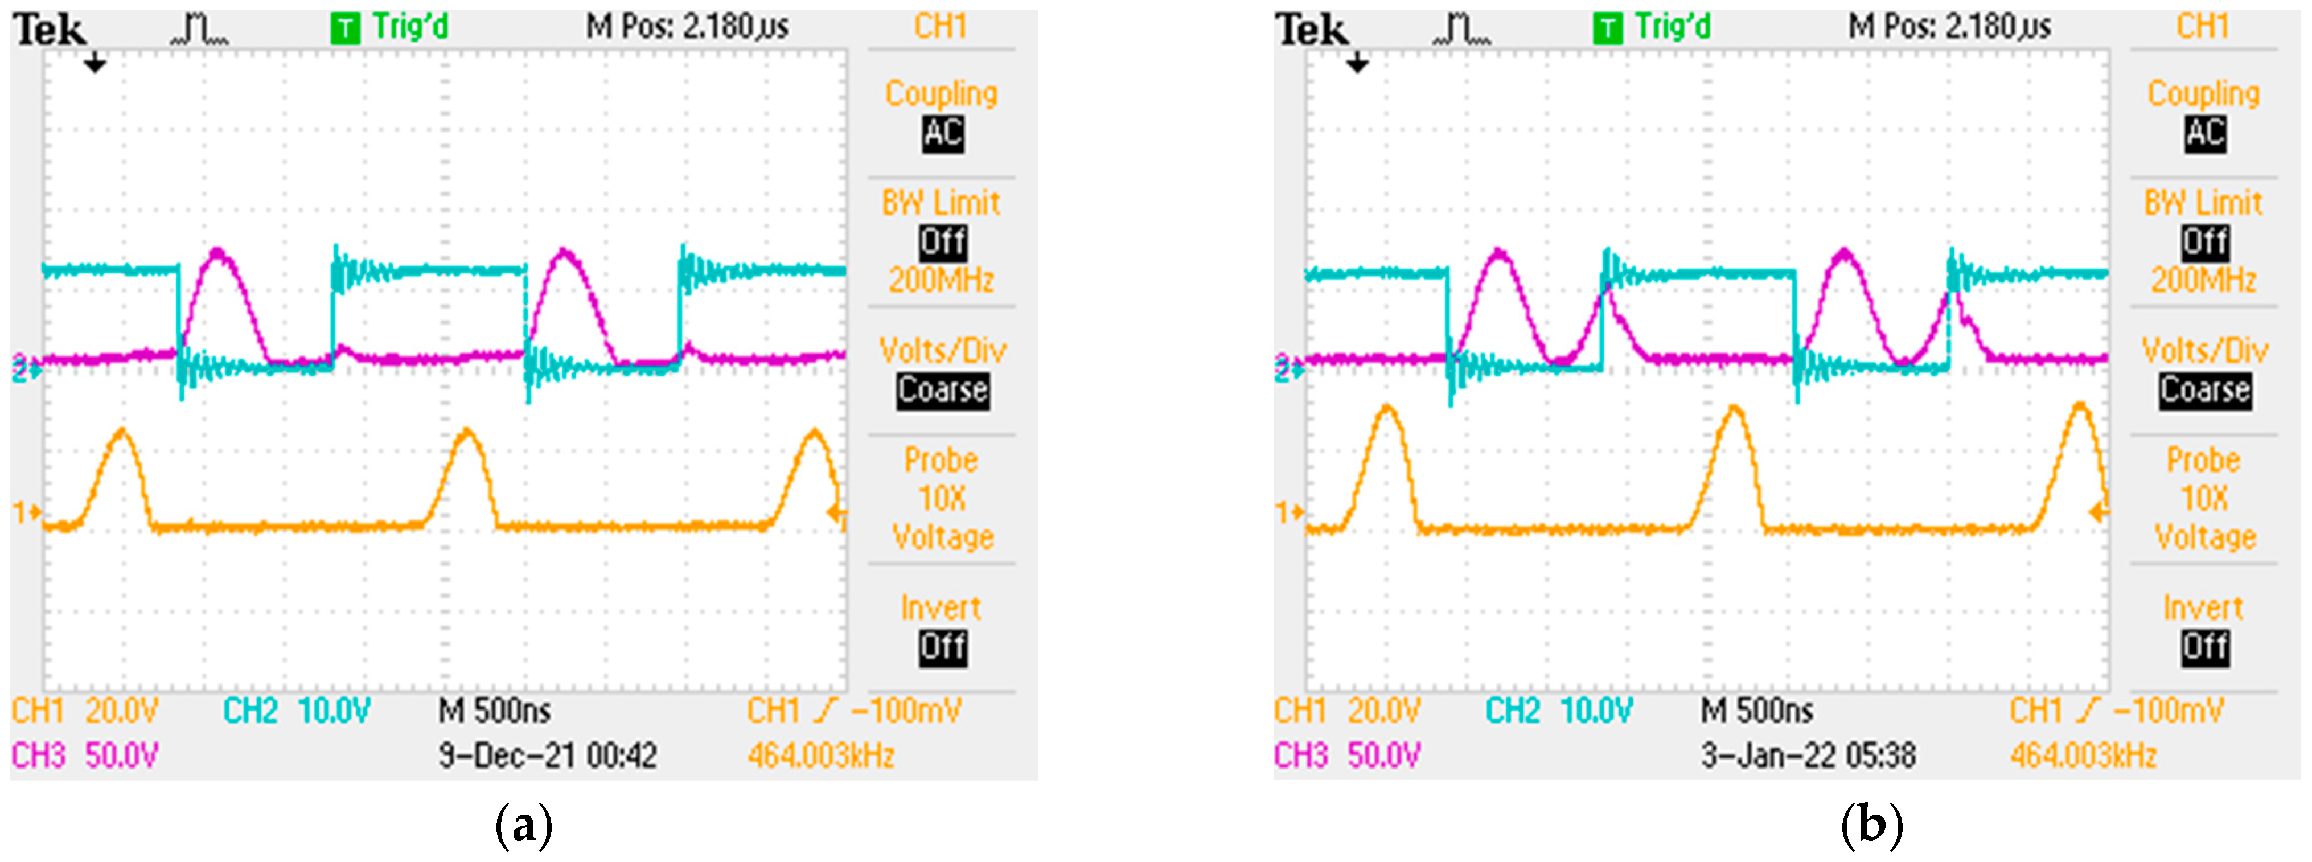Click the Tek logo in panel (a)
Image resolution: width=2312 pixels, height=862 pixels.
[50, 30]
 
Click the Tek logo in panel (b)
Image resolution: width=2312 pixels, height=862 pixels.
[1312, 30]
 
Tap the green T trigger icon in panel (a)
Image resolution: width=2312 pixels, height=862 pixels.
[344, 28]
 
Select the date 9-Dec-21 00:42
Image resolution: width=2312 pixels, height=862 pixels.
[548, 755]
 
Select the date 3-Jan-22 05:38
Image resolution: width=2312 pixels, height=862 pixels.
[1809, 755]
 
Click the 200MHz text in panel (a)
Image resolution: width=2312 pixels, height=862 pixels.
[942, 280]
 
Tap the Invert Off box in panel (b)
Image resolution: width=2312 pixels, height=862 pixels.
[2205, 647]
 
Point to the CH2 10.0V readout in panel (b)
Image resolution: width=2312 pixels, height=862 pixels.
[1559, 711]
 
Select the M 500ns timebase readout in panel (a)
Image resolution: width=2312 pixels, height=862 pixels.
[495, 711]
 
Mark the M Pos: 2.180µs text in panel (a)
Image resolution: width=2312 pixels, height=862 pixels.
[688, 27]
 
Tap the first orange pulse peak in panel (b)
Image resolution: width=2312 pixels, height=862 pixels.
[1387, 409]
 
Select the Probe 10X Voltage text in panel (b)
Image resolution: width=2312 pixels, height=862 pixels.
[2204, 498]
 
